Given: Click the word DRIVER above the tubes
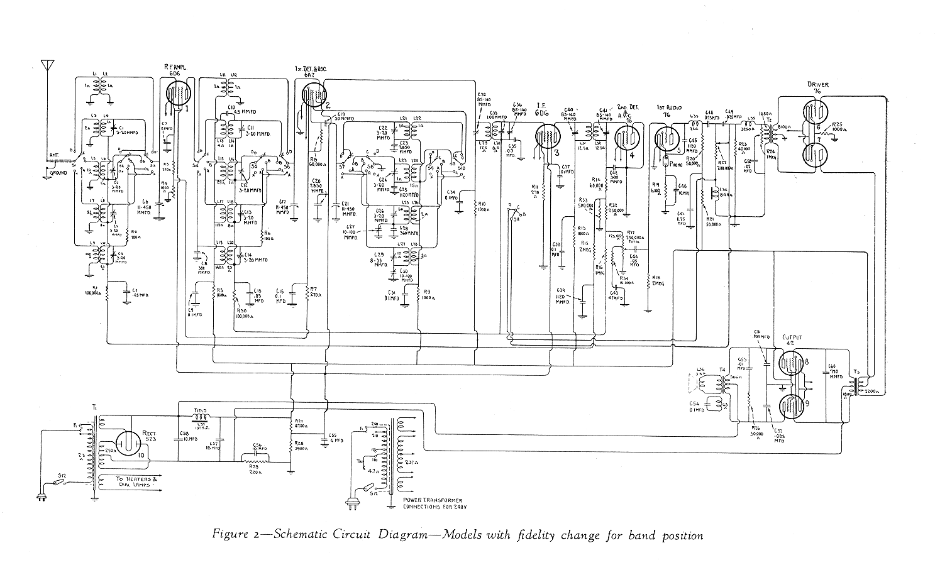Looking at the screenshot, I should (x=818, y=84).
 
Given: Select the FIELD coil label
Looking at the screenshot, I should (x=199, y=409).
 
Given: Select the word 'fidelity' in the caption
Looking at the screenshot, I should (x=535, y=535).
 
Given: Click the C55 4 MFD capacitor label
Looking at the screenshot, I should (x=337, y=437).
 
